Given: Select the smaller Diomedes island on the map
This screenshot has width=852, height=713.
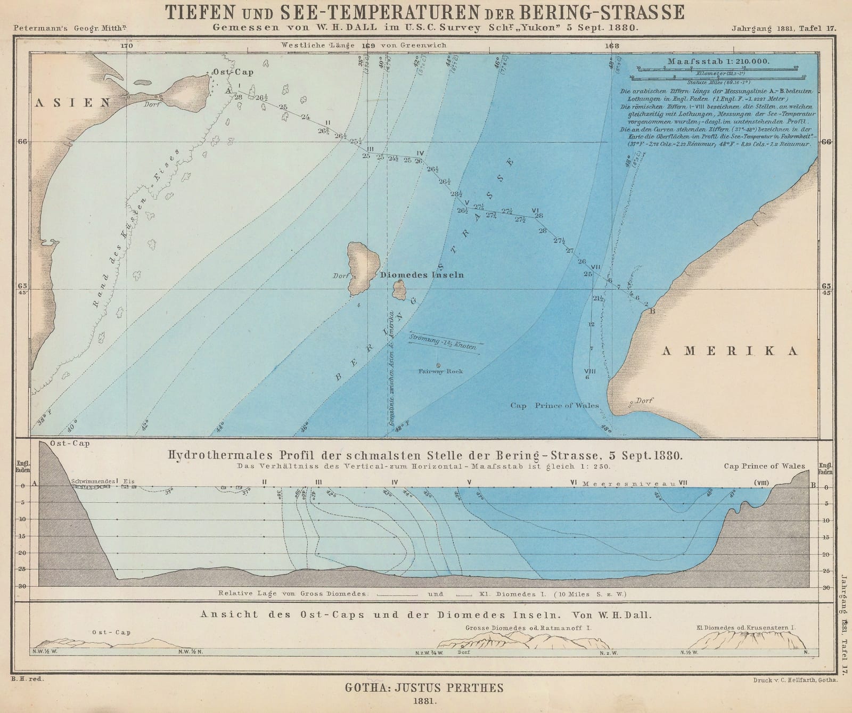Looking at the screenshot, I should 399,290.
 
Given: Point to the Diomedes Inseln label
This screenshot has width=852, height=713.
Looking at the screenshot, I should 422,275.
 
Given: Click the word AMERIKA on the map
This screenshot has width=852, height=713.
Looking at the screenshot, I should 730,350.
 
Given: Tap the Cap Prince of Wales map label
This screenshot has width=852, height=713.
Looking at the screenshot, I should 554,405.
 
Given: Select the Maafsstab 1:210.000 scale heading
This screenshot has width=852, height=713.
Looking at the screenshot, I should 718,61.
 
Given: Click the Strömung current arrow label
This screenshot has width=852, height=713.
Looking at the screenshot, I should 442,341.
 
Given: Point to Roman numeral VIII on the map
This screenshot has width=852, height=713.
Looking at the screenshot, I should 589,371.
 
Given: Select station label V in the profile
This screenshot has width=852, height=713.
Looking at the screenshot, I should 469,482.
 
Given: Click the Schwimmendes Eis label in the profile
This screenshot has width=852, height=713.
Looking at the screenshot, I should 100,481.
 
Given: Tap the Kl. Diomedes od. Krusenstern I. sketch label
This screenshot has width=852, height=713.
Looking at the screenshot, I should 745,628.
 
